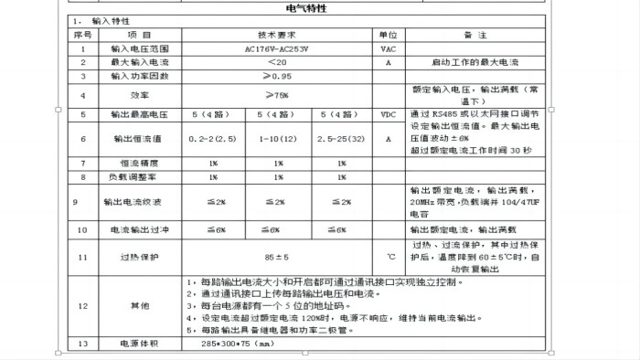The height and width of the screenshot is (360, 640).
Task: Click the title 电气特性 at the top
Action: (320, 7)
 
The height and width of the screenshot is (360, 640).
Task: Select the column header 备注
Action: (474, 33)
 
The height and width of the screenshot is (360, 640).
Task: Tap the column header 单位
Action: (389, 33)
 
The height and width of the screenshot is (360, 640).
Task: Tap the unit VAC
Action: (389, 48)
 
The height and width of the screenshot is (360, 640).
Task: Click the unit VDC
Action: (389, 114)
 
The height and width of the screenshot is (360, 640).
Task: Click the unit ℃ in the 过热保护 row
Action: (389, 257)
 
